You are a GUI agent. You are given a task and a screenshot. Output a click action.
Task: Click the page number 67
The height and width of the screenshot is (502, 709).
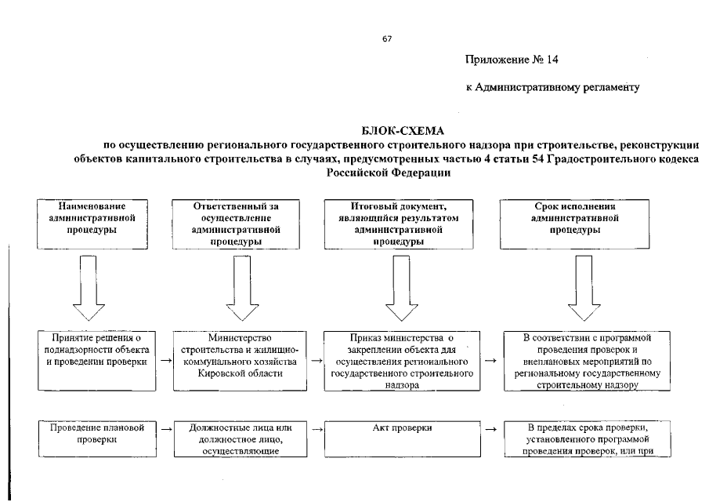coord(386,39)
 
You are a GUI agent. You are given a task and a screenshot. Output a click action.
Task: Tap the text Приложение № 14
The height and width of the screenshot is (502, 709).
coord(512,59)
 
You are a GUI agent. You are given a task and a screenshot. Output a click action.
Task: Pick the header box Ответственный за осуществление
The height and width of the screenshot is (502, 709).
coord(236,223)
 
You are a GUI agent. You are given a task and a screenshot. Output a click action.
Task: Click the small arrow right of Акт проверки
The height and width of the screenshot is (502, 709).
coord(490,430)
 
